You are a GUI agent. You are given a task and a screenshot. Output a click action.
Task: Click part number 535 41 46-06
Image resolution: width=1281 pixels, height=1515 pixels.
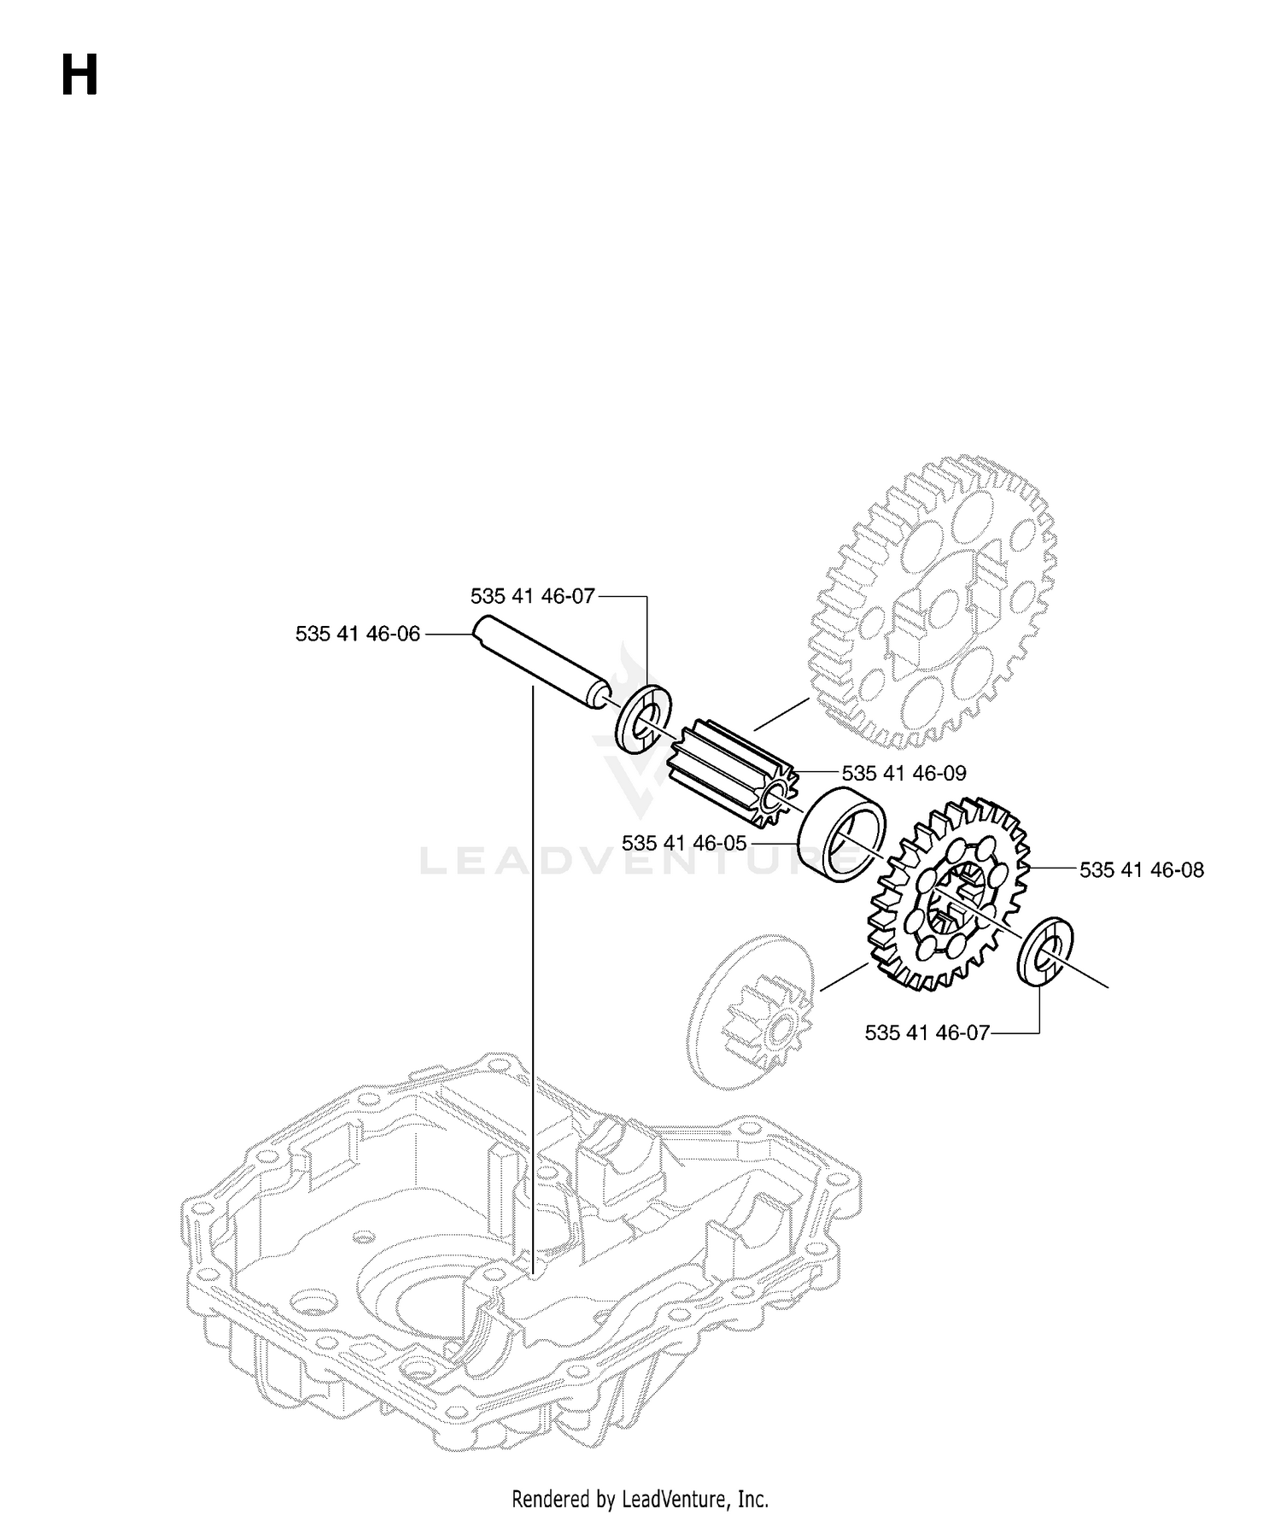click(x=358, y=634)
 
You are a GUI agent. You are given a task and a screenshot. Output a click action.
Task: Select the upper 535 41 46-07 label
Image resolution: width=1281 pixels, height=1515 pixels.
click(x=532, y=596)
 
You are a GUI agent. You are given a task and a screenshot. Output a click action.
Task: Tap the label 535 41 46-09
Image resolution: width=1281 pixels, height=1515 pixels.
click(x=904, y=773)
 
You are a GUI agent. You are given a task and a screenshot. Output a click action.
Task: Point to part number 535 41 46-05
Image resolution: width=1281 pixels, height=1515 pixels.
click(x=684, y=843)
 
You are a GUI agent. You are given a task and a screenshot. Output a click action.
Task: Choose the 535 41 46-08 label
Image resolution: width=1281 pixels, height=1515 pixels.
click(x=1142, y=870)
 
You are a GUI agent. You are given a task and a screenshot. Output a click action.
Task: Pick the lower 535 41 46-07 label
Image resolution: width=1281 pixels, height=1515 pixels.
click(x=927, y=1032)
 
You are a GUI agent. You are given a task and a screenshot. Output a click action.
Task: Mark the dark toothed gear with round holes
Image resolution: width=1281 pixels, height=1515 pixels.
click(x=948, y=895)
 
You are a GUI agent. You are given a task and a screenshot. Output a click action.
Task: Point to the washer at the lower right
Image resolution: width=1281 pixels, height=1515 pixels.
click(x=1046, y=951)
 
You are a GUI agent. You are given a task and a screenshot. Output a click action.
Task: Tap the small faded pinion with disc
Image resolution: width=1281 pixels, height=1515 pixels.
click(x=752, y=1011)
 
